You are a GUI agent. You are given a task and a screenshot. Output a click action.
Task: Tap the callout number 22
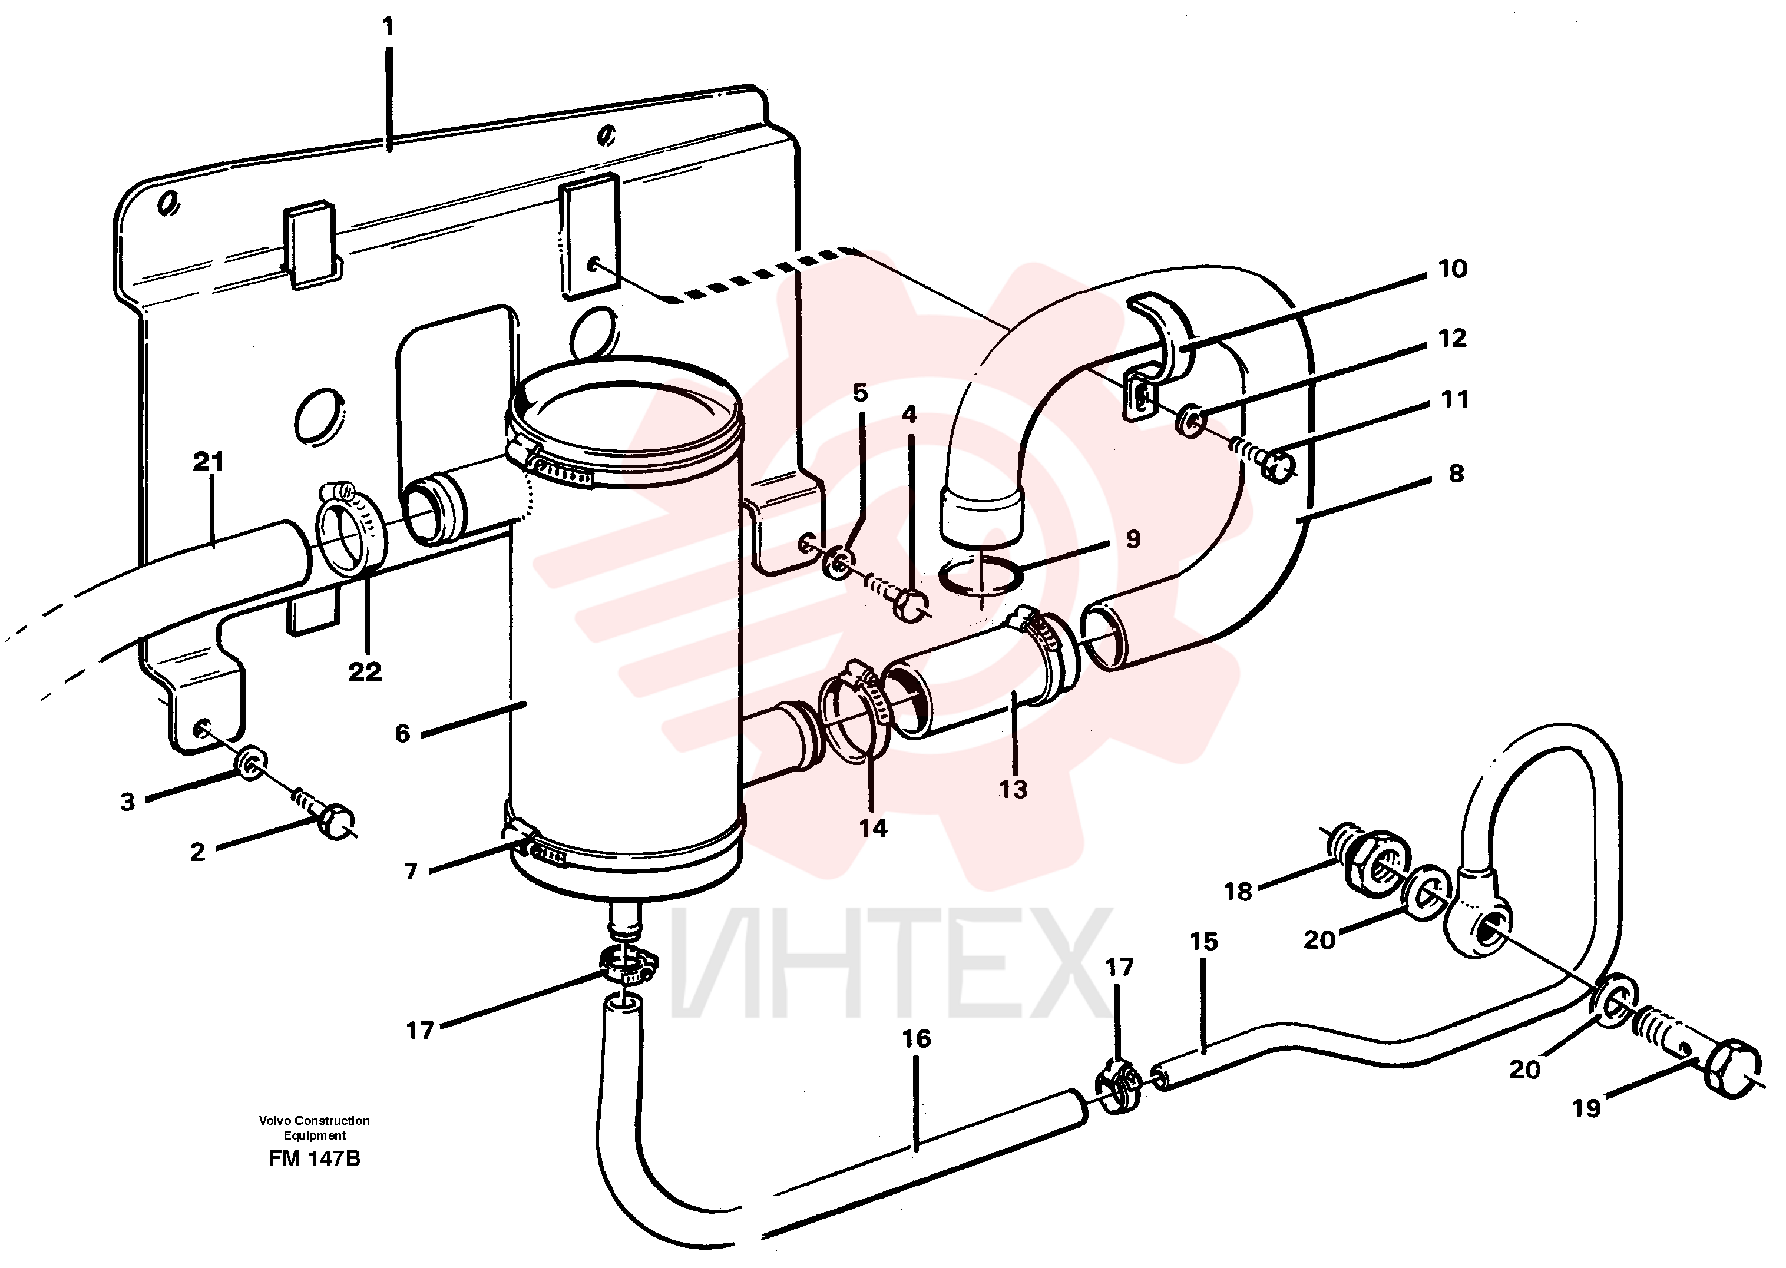point(365,671)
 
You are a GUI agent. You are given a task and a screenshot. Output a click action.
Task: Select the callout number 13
point(1013,789)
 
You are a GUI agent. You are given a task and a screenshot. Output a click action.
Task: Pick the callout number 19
point(1586,1108)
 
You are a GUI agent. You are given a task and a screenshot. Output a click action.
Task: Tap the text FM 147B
point(315,1158)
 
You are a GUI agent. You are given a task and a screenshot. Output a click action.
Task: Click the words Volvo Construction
point(315,1120)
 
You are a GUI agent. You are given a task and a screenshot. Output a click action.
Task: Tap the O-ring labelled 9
point(981,576)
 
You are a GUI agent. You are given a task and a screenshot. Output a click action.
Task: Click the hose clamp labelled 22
point(350,528)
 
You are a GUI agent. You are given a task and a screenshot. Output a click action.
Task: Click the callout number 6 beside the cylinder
point(402,733)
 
